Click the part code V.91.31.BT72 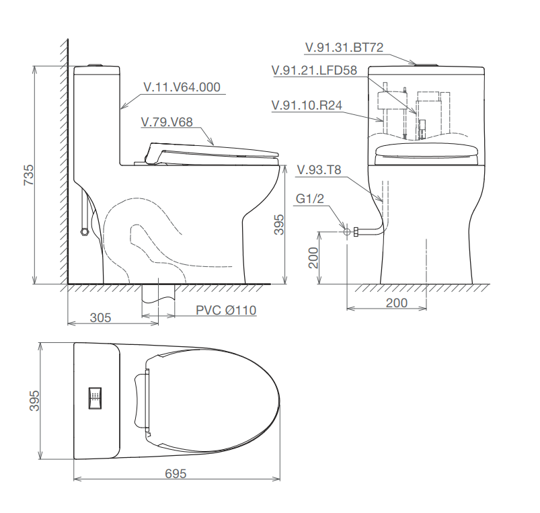point(344,48)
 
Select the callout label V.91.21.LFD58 point(315,70)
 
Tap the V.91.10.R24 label point(307,105)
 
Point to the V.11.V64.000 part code point(182,87)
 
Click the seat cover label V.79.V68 point(167,122)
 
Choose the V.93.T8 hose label point(319,169)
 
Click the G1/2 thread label point(310,198)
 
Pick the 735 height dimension point(29,175)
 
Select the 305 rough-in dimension point(101,317)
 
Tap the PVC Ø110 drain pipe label point(226,310)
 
